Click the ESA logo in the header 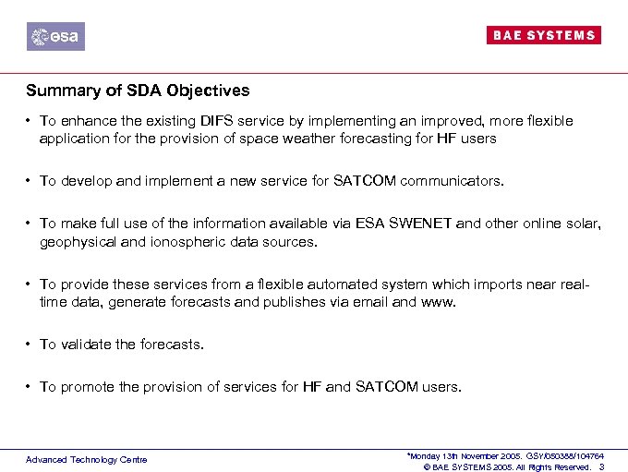coord(55,37)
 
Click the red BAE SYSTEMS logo coord(543,35)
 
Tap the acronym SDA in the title coord(135,91)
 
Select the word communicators coord(452,181)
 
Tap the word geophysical coord(77,241)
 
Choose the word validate coord(85,345)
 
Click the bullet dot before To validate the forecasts coord(30,345)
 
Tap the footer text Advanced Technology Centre coord(86,459)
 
